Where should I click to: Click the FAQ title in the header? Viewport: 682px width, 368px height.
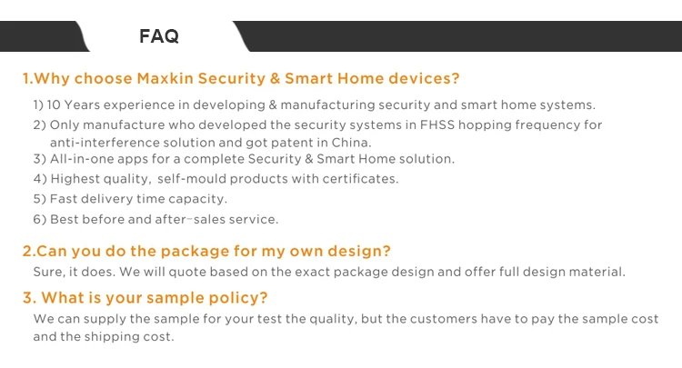(x=159, y=36)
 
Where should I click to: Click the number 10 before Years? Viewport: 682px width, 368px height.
(x=54, y=104)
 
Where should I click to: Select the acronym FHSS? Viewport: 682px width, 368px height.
(x=436, y=124)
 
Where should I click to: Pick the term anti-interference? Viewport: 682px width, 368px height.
(x=105, y=143)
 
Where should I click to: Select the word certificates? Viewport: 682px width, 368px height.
(x=360, y=179)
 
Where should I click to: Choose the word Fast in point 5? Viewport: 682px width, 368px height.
(x=63, y=199)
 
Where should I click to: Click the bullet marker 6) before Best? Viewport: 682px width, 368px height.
(x=40, y=219)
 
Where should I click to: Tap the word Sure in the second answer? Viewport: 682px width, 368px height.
(x=49, y=272)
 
